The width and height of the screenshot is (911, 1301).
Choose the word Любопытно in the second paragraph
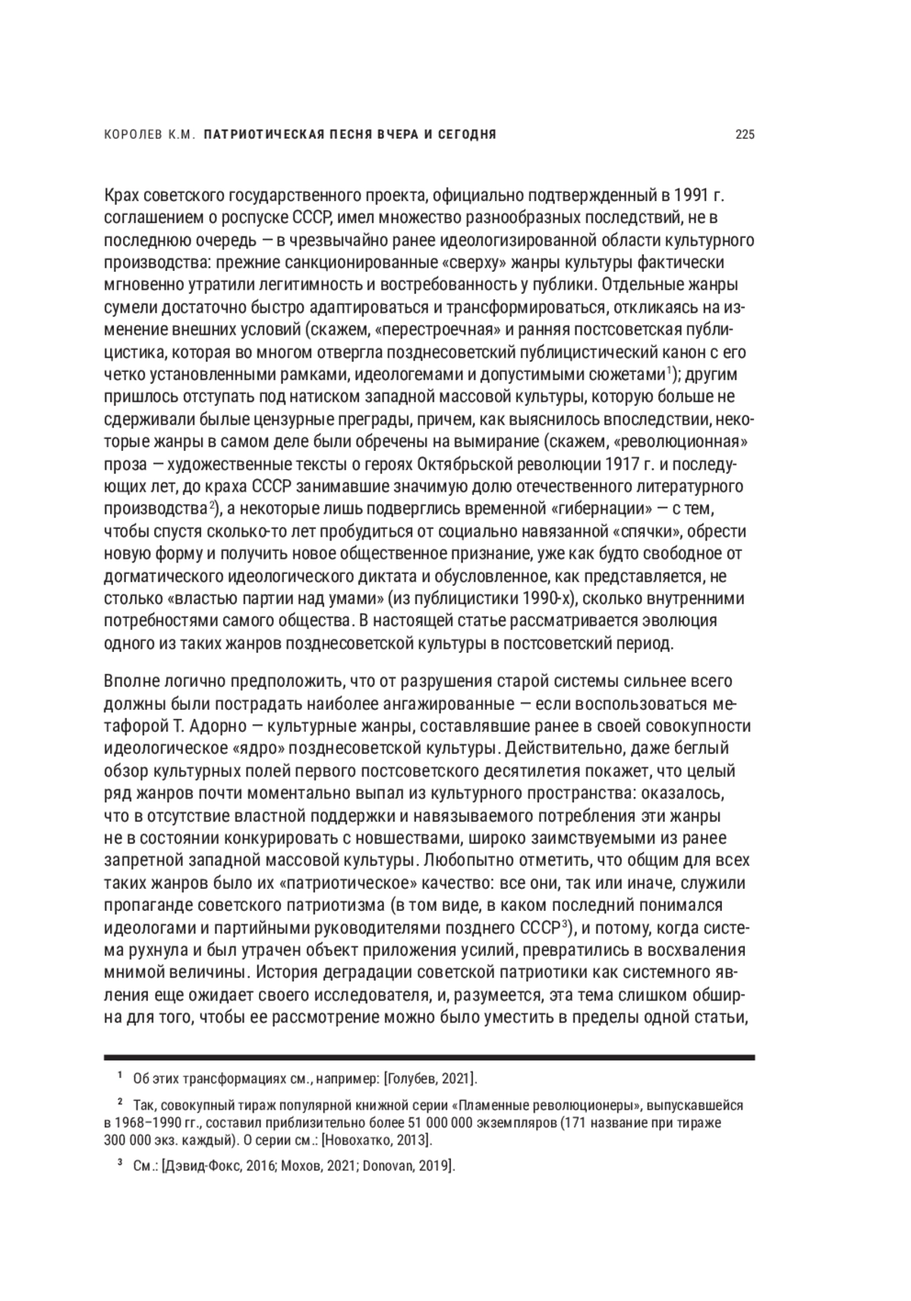point(460,860)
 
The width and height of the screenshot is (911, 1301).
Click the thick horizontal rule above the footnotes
point(430,1057)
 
